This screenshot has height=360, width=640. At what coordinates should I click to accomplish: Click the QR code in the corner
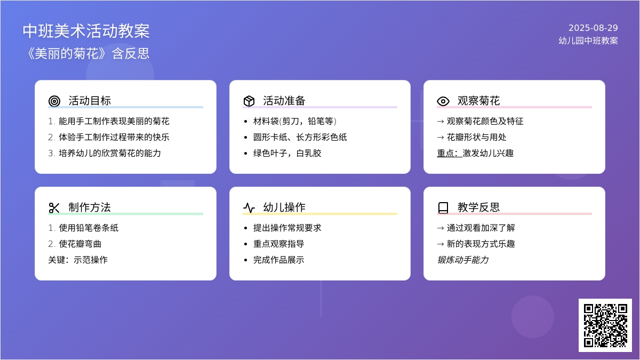[x=605, y=325]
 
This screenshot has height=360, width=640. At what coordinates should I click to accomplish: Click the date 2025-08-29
[x=593, y=28]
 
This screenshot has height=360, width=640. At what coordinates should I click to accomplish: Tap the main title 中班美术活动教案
[x=86, y=31]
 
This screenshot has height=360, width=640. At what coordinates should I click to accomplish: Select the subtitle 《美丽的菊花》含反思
[x=86, y=53]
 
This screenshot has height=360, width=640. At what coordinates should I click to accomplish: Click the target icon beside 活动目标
[x=54, y=101]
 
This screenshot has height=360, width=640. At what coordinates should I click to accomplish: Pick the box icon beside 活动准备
[x=249, y=101]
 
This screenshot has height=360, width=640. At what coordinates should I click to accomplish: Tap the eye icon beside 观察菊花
[x=443, y=101]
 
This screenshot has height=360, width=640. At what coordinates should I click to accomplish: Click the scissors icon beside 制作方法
[x=54, y=207]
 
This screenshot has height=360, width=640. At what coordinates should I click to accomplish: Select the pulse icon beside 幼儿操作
[x=249, y=207]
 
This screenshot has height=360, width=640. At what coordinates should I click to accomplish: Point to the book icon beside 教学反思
[x=443, y=207]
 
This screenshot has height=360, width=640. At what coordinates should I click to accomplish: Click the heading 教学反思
[x=478, y=207]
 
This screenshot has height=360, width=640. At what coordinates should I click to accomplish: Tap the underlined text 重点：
[x=450, y=154]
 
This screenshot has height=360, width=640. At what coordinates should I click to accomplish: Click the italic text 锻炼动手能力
[x=463, y=260]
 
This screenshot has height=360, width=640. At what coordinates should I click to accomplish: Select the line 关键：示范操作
[x=78, y=260]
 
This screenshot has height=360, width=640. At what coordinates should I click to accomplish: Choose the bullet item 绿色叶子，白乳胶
[x=287, y=154]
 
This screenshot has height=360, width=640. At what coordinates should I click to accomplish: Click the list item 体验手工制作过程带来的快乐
[x=114, y=138]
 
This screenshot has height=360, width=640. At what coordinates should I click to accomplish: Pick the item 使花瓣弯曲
[x=80, y=244]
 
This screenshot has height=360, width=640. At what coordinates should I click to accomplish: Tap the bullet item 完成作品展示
[x=278, y=260]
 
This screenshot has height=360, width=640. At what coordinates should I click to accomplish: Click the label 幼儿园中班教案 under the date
[x=588, y=41]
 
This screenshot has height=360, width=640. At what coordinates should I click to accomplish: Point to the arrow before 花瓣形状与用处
[x=441, y=138]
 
